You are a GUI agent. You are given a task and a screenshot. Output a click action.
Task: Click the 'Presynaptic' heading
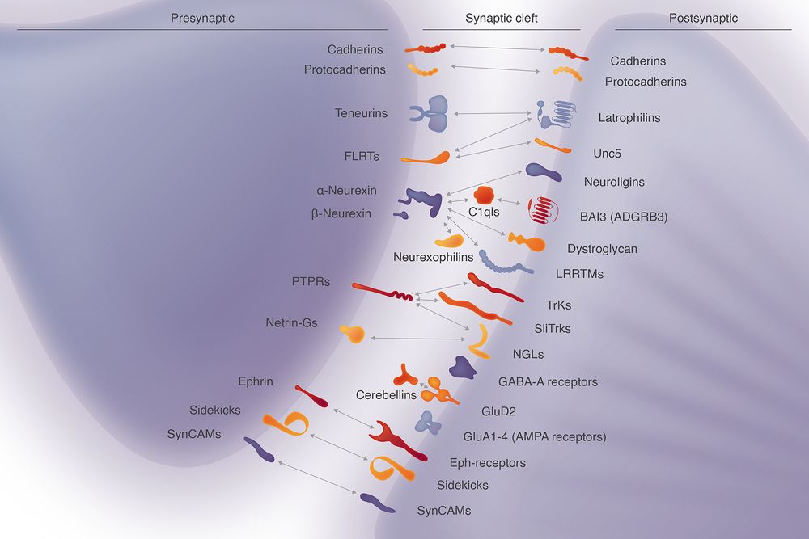point(202,18)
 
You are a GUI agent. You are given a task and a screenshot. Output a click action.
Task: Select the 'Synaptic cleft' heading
point(502,18)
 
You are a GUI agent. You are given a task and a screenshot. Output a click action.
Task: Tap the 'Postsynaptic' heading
point(703,18)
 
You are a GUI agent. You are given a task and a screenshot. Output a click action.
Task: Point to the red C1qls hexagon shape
point(484,195)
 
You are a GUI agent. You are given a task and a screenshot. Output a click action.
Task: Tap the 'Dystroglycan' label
point(602,249)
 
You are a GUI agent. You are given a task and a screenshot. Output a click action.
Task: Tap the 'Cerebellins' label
point(386,395)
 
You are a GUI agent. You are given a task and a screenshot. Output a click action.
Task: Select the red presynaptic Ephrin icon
point(311,395)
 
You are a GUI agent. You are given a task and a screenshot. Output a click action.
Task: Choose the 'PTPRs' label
point(311,282)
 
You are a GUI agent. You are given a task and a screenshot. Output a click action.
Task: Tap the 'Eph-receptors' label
point(487,463)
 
